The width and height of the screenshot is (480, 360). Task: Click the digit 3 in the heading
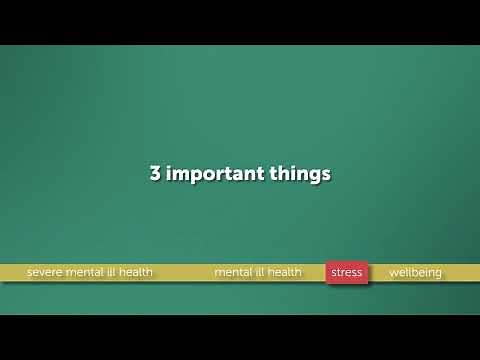155,173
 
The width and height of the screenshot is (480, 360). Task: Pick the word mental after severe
88,272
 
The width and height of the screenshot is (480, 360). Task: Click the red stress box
347,272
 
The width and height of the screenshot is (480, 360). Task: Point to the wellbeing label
415,272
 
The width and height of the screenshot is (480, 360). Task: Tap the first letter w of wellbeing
393,272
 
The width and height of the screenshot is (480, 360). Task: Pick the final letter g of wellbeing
437,274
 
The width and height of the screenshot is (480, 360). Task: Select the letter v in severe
46,272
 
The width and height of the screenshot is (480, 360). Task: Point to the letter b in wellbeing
415,272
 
